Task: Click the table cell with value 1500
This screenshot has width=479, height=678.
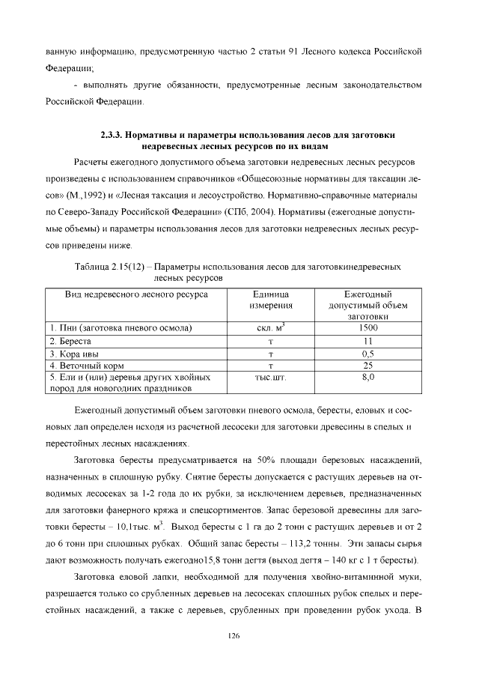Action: tap(367, 328)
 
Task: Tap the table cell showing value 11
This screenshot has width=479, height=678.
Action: tap(367, 341)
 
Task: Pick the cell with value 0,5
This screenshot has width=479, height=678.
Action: tap(367, 354)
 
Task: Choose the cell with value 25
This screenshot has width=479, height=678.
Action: tap(367, 366)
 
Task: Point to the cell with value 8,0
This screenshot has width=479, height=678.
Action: tap(367, 378)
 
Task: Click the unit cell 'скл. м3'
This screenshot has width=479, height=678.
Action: tap(271, 328)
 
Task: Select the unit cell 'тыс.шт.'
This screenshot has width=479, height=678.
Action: tap(271, 378)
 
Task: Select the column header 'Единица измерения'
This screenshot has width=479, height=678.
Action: tap(271, 300)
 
